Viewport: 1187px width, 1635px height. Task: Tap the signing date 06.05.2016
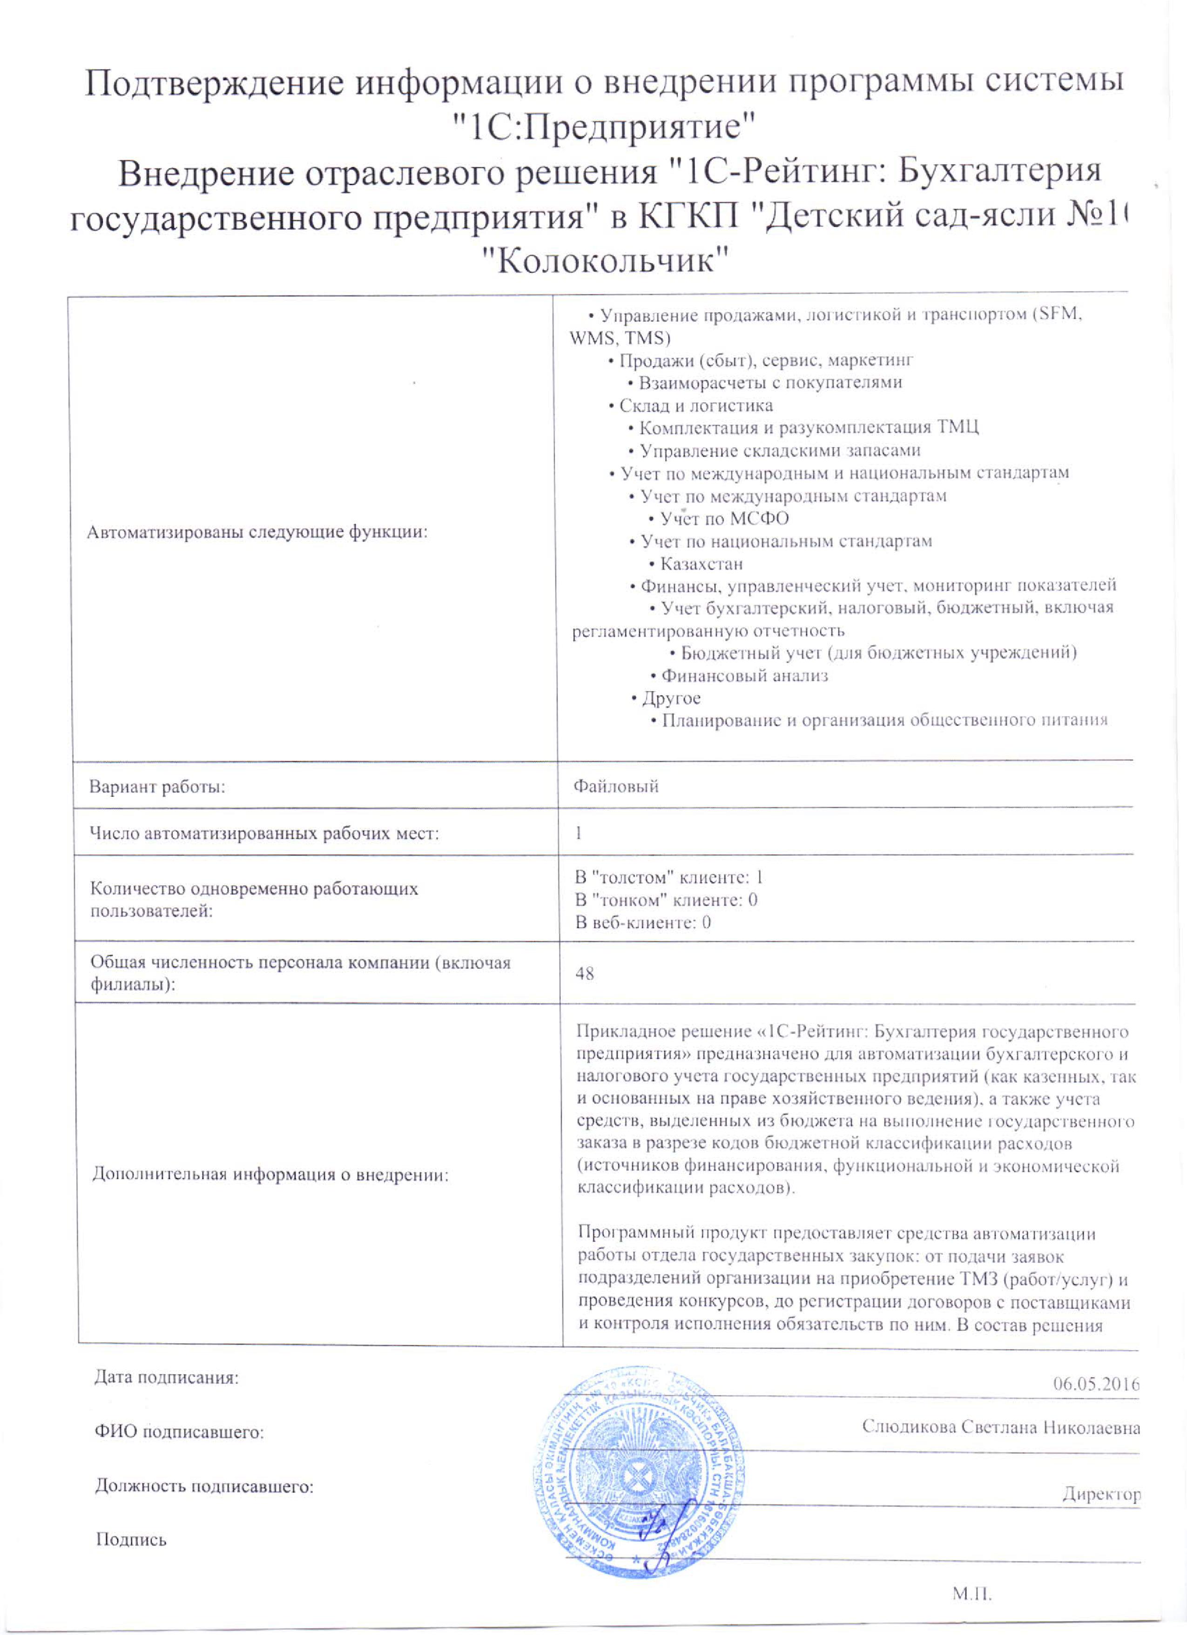click(1095, 1383)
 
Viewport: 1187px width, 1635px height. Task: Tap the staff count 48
click(585, 973)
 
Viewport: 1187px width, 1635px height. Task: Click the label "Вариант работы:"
click(157, 787)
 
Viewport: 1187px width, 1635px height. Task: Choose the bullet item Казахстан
click(701, 564)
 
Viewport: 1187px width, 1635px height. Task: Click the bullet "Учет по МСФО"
click(724, 518)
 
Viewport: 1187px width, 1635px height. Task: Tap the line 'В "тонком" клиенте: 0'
click(666, 900)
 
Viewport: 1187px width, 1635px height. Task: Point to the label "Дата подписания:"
click(167, 1378)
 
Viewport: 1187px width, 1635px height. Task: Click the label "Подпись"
click(131, 1540)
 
